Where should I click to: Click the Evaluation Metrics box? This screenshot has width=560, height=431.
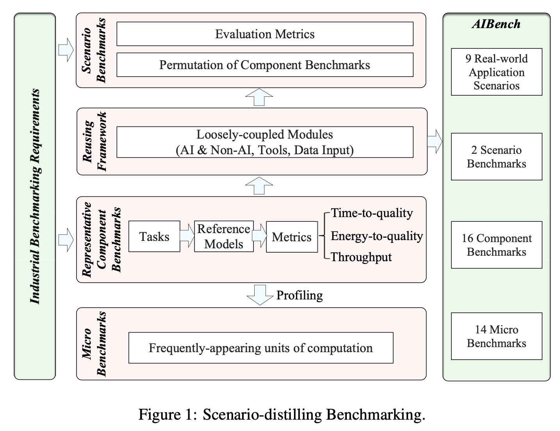coord(265,34)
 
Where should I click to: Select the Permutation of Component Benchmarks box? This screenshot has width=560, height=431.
coord(265,65)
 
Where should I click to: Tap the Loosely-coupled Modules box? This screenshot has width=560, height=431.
coord(265,142)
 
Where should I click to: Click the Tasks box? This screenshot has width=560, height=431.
coord(154,236)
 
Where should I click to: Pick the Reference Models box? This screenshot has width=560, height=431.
coord(224,236)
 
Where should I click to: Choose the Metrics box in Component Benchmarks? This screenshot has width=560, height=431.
coord(292,237)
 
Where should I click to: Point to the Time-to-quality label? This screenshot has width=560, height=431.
coord(372,213)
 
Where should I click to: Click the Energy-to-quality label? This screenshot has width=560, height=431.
coord(377,236)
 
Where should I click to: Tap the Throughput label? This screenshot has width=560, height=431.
coord(361,257)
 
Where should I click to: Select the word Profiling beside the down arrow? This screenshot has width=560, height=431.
coord(300,295)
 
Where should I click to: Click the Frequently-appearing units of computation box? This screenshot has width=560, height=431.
coord(261,348)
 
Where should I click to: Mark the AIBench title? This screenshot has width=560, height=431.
coord(496,24)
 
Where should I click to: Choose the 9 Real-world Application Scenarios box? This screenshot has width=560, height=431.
coord(497,72)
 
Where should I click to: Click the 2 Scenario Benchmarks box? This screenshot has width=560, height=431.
coord(497,157)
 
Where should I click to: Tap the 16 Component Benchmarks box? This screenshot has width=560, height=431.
coord(497,245)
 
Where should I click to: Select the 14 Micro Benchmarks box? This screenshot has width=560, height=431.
coord(497,336)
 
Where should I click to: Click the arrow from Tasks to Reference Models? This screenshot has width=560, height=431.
coord(187,235)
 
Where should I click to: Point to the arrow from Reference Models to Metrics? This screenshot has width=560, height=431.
coord(260,235)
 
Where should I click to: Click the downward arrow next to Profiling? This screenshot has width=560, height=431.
coord(260,295)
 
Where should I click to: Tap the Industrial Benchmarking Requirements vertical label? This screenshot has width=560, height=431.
coord(35,196)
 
